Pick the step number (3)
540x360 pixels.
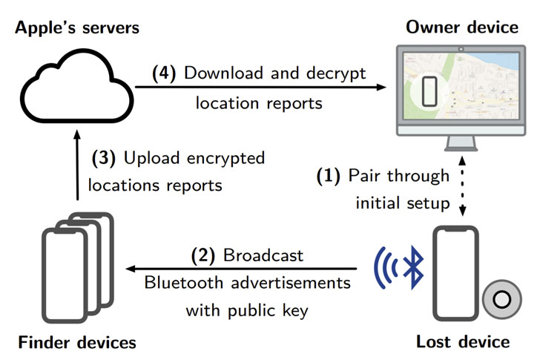coord(104,158)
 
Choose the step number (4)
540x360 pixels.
coord(165,73)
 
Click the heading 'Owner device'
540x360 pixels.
coord(462,27)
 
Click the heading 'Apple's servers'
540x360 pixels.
coord(77,27)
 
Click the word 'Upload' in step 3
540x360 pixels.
coord(148,158)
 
